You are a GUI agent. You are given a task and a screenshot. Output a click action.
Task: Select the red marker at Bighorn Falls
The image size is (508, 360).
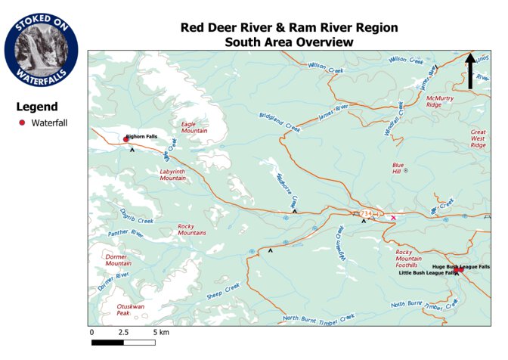pos(125,139)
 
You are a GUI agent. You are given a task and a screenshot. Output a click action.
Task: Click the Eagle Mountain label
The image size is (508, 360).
pos(194,126)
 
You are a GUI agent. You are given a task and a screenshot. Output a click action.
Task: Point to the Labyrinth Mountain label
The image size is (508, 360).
pos(172,175)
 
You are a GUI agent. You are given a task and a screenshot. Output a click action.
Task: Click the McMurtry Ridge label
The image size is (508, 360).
pos(439,101)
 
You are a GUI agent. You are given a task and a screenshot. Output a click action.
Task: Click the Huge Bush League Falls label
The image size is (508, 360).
pos(460,267)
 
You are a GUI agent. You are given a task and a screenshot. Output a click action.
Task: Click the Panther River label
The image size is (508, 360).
pos(125,234)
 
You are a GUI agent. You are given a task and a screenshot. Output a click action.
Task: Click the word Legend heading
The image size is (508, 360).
pos(37,107)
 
